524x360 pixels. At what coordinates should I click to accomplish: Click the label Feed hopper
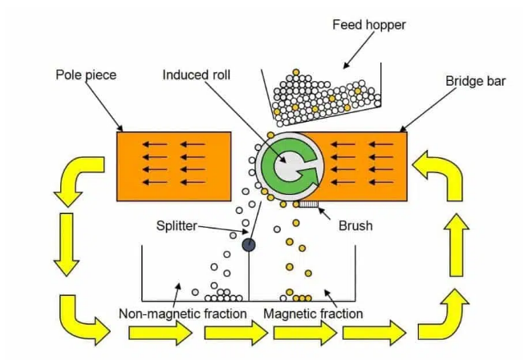coord(369,25)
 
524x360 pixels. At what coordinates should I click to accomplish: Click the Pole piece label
coord(87,75)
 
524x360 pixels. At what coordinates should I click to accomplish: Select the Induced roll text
coord(199,75)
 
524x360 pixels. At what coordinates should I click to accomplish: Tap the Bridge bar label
coord(473,81)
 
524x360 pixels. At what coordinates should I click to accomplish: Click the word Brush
coord(355,225)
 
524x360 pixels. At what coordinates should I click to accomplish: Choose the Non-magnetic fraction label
coord(182,313)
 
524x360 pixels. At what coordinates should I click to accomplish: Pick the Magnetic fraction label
coord(313,313)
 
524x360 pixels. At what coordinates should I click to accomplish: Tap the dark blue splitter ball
coord(249,244)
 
